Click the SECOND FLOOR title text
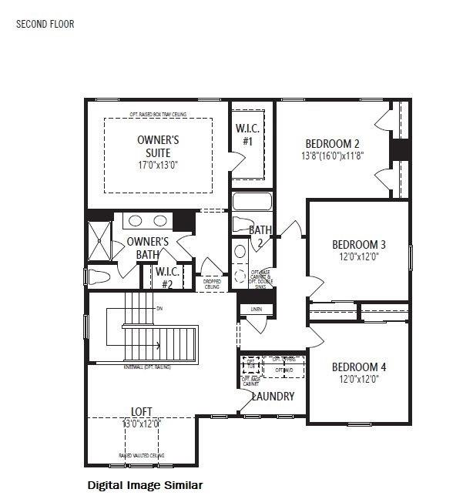tap(45, 24)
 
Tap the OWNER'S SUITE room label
tap(158, 146)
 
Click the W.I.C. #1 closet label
tap(248, 135)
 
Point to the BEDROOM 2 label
tap(332, 143)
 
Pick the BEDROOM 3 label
tap(358, 245)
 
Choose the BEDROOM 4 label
tap(358, 367)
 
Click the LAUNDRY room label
tap(273, 397)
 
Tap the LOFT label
tap(140, 412)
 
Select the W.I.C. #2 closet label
tap(167, 277)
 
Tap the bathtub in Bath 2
tap(252, 202)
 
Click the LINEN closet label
tap(256, 309)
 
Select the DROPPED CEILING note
tap(212, 283)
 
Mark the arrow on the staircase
tap(158, 346)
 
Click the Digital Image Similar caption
tap(145, 485)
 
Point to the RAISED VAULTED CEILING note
tap(141, 456)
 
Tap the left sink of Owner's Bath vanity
tap(135, 221)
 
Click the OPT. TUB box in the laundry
tap(250, 362)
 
